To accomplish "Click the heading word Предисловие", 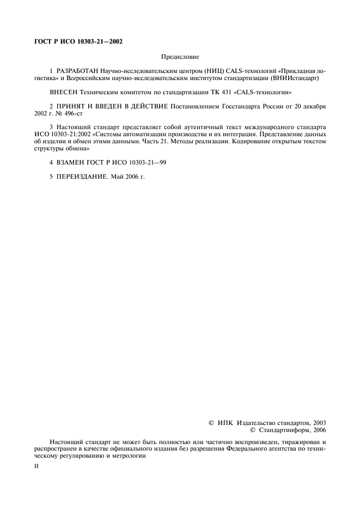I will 180,56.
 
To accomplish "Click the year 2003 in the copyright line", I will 320,423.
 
